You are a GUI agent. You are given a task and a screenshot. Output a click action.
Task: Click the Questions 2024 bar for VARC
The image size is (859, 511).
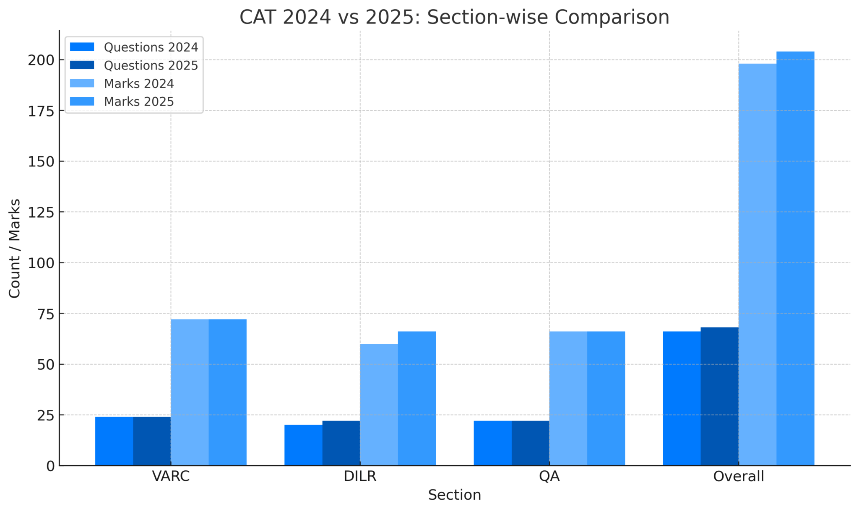114,441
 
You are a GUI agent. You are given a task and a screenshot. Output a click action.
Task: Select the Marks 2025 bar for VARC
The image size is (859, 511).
227,392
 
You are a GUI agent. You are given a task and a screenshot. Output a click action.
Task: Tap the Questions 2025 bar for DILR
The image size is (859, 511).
341,443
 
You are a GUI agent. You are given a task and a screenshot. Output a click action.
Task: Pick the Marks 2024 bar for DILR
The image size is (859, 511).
379,405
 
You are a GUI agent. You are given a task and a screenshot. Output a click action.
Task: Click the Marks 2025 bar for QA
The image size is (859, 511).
606,398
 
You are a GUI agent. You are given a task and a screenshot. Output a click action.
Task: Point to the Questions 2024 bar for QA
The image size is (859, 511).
492,443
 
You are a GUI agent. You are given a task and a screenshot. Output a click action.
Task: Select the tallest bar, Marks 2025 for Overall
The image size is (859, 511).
795,258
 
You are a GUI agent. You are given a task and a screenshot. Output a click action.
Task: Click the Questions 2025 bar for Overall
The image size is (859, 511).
719,396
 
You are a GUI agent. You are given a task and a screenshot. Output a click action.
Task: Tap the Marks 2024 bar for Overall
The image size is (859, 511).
757,265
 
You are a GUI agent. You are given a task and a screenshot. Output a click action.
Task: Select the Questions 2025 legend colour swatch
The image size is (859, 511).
82,65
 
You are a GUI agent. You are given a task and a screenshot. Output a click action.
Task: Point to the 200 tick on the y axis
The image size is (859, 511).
41,60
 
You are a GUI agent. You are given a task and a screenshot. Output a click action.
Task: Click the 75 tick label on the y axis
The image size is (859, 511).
46,314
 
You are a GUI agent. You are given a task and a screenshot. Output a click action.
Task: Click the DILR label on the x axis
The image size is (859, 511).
360,477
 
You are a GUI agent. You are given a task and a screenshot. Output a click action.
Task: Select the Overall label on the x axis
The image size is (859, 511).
738,477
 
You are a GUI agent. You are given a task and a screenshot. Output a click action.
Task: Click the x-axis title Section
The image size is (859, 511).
454,495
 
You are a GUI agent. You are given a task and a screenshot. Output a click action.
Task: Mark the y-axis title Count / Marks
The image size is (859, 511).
15,248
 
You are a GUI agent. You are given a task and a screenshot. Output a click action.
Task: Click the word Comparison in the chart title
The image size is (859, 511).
612,18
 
